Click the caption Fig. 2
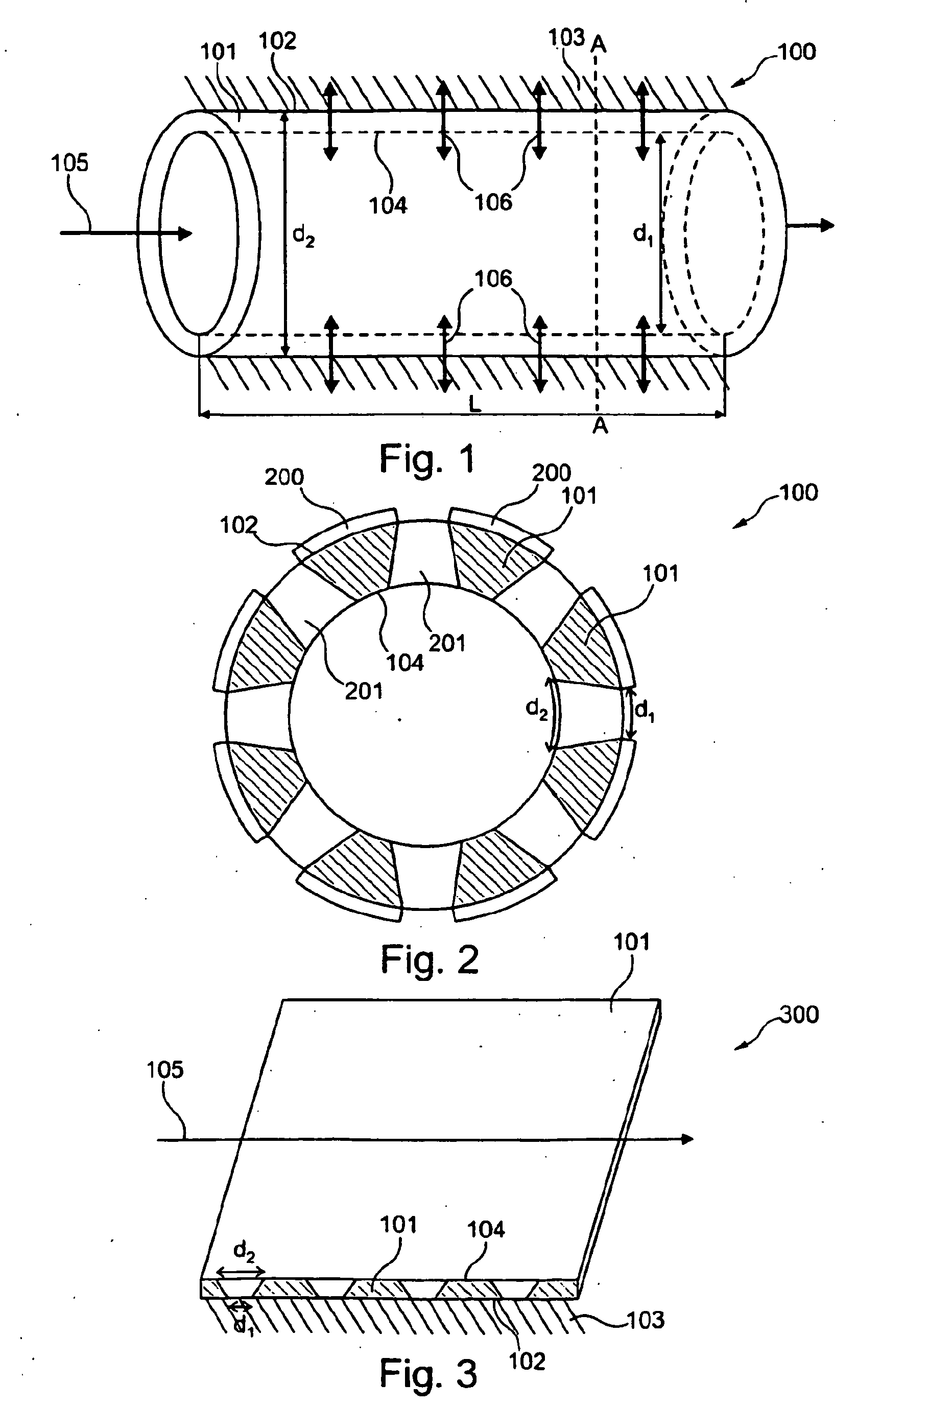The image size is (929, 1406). coord(429,959)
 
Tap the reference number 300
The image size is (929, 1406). coord(799,1031)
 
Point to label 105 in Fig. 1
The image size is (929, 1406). coord(69,163)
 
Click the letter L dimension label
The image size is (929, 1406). coord(474,405)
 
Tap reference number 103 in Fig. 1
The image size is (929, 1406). coord(566,38)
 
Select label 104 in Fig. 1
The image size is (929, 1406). coord(388,205)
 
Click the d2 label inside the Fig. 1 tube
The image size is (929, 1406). coord(304,236)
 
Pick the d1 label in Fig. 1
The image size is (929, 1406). coord(644,235)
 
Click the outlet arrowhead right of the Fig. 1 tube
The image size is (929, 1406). coord(828,225)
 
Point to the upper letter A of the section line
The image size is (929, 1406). coord(599,43)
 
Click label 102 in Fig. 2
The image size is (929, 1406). coord(239,525)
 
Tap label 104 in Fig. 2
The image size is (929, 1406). coord(405,663)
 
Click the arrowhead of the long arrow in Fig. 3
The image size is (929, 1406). coord(687,1139)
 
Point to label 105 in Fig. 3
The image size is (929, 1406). coord(165,1070)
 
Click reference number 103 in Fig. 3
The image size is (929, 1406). coord(645,1320)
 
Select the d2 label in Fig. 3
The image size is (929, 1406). coord(244,1252)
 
